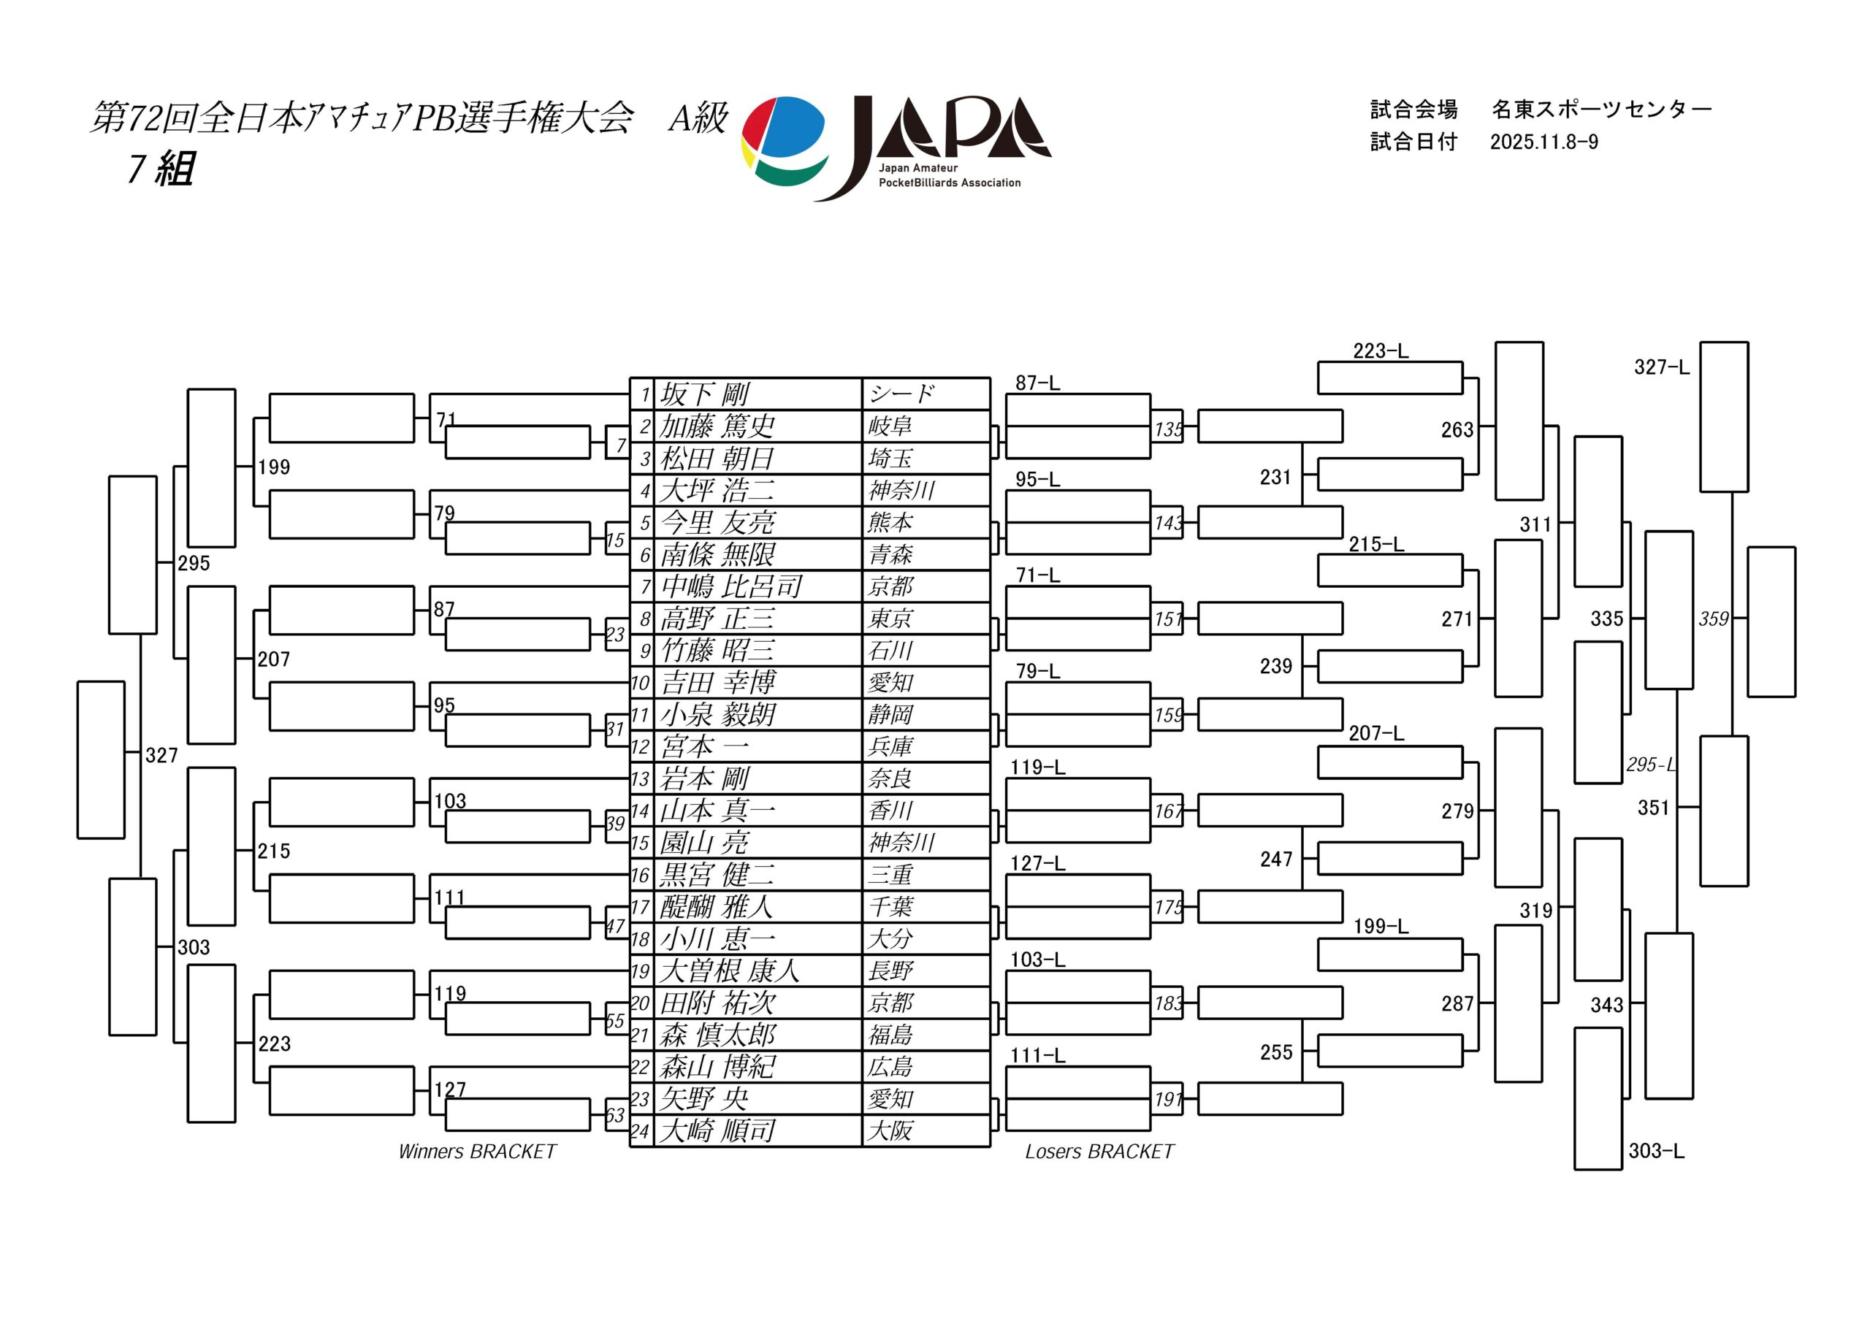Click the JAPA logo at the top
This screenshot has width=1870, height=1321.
tap(896, 148)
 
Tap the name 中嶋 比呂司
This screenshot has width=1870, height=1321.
tap(730, 586)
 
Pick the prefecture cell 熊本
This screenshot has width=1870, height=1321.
tap(890, 522)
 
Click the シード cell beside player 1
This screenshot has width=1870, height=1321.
tap(901, 394)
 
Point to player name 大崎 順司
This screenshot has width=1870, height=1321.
tap(717, 1130)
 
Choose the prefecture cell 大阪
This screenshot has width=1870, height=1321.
tap(890, 1130)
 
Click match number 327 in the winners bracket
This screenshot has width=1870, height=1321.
tap(161, 756)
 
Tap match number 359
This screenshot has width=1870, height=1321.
tap(1714, 619)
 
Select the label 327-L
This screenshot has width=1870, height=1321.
tap(1662, 367)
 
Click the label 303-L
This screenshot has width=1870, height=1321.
tap(1656, 1151)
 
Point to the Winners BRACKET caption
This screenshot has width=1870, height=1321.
tap(477, 1152)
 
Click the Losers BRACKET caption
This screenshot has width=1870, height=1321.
tap(1099, 1152)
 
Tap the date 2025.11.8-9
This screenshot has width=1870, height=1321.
tap(1544, 142)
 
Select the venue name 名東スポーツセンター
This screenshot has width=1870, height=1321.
tap(1602, 109)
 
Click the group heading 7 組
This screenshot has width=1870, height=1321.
tap(161, 169)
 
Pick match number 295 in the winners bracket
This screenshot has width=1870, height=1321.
tap(194, 564)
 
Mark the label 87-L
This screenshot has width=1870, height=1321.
tap(1037, 383)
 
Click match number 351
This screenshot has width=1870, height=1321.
tap(1653, 808)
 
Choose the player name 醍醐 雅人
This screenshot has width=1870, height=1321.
tap(717, 906)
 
